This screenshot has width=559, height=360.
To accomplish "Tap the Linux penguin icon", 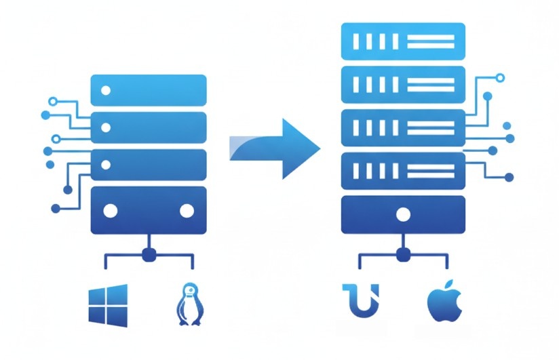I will point(187,304).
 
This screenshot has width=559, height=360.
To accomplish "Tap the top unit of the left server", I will point(148,90).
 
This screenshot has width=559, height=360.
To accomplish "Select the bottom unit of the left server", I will point(148,210).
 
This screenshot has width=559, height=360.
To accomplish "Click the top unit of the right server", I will point(403,40).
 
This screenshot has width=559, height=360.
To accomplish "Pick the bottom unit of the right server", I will point(403,215).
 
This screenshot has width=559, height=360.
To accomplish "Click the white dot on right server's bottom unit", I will point(403,216).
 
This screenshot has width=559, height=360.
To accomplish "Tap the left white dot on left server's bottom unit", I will point(110,211).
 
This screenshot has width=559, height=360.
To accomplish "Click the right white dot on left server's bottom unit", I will point(187,211).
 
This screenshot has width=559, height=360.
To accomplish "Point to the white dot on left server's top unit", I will point(105,90).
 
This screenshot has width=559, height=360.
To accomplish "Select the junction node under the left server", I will point(149,256).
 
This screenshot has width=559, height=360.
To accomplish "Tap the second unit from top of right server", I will point(403,84).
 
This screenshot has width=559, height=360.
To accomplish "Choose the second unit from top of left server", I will point(148,127).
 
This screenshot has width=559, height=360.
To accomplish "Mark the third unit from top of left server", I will point(148,164).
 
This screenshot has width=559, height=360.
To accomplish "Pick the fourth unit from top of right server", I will point(403,171).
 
